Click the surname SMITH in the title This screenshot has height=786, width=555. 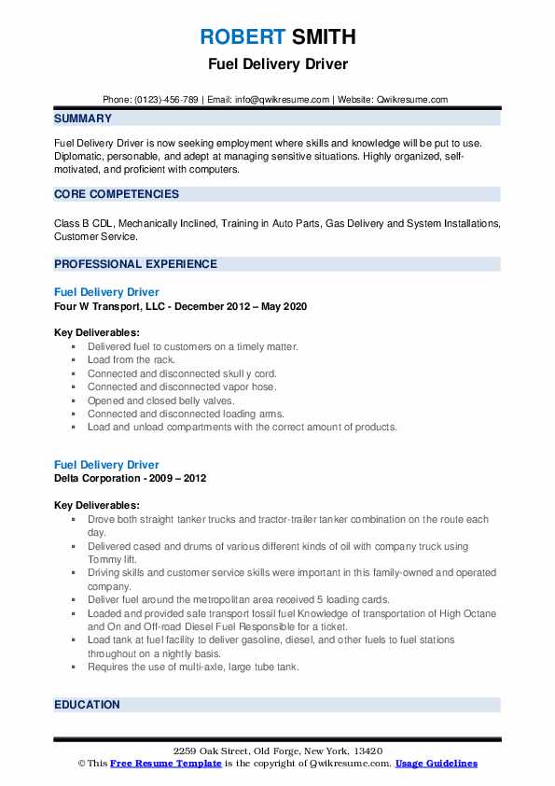click(323, 37)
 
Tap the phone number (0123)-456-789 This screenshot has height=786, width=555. click(164, 100)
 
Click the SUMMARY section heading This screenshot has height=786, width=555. click(83, 119)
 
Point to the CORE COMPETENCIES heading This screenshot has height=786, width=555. click(117, 194)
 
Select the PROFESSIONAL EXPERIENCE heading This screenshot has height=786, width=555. click(135, 264)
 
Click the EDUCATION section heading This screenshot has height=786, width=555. click(87, 705)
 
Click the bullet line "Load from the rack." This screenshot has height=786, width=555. click(132, 359)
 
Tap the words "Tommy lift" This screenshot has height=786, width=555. click(108, 559)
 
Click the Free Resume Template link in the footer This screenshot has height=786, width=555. click(166, 764)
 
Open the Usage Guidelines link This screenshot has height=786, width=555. click(436, 764)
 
